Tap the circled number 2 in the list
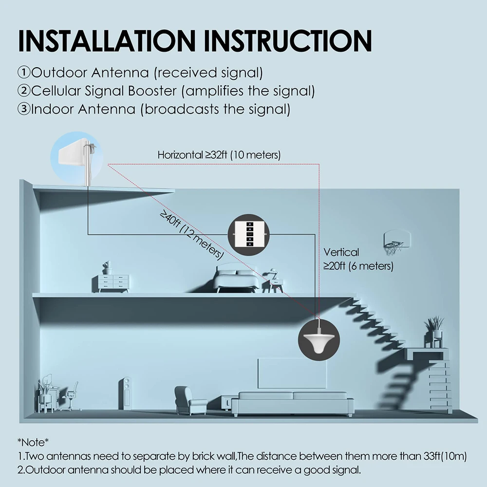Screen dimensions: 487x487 tap(24, 91)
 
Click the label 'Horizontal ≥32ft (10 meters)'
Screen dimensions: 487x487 tap(219, 155)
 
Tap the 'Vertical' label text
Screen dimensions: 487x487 tap(341, 252)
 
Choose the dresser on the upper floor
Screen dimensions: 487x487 tap(113, 282)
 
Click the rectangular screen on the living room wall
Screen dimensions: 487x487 tap(291, 373)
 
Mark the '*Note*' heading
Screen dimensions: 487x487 tap(34, 442)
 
